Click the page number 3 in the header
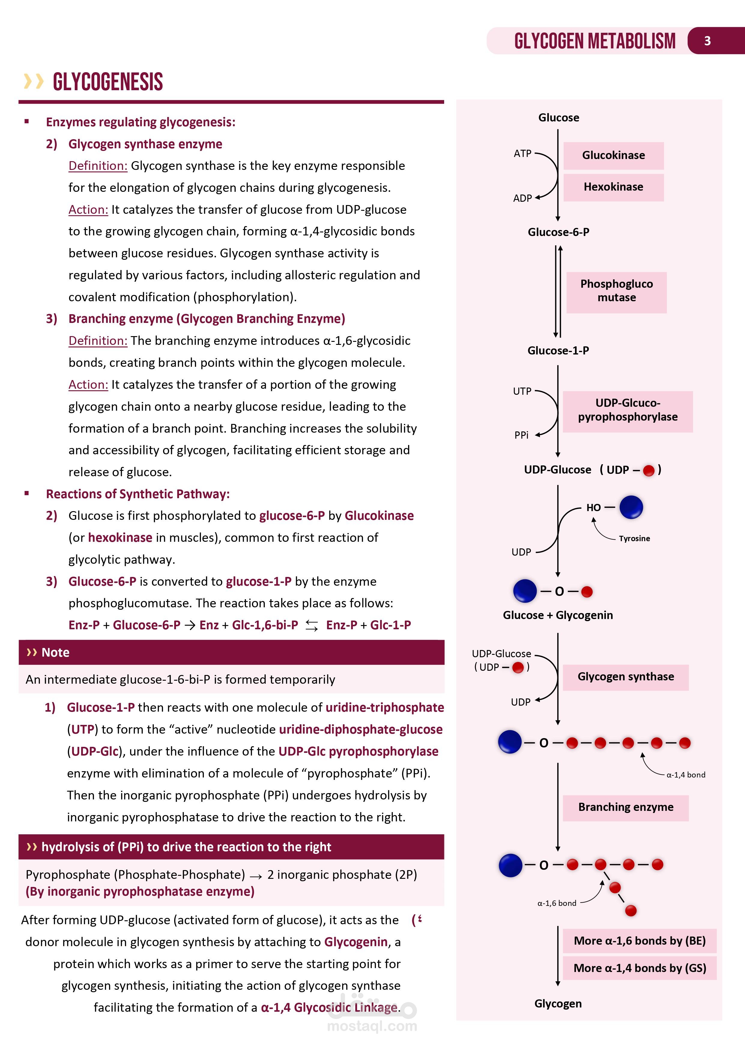click(x=707, y=41)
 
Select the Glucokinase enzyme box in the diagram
click(x=613, y=155)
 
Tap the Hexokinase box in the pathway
click(x=613, y=187)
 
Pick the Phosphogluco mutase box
click(x=616, y=291)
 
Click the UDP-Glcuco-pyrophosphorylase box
click(x=628, y=410)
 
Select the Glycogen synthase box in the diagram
click(x=626, y=677)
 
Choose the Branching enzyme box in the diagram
click(x=626, y=807)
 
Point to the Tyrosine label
click(x=634, y=538)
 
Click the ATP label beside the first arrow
click(x=522, y=153)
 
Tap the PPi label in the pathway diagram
click(x=522, y=435)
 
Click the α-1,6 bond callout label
click(x=557, y=903)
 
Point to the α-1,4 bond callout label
click(x=686, y=775)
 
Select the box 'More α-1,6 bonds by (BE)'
click(x=639, y=941)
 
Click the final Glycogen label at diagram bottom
click(x=558, y=1004)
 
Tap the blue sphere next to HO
click(x=631, y=507)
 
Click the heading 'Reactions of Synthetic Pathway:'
click(x=138, y=494)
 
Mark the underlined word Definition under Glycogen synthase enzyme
click(x=98, y=166)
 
